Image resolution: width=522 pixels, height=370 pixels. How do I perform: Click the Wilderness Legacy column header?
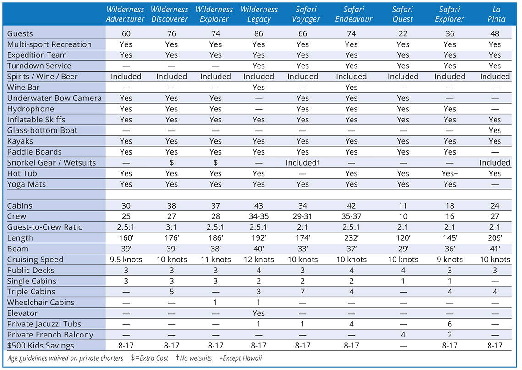pos(259,14)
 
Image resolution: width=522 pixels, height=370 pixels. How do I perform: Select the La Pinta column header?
pos(496,14)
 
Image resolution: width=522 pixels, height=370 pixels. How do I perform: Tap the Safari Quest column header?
pos(402,14)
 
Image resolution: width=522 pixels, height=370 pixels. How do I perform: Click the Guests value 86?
pos(258,33)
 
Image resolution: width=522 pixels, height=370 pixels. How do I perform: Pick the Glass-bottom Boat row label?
pos(42,130)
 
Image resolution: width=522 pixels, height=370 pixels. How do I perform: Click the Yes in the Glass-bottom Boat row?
pos(495,130)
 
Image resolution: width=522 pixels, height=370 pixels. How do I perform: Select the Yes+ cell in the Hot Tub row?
pos(450,173)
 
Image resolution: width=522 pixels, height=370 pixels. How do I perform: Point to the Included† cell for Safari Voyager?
pos(302,162)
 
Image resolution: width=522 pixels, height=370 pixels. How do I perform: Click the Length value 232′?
pos(351,238)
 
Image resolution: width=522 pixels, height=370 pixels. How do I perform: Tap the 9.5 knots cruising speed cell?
pos(126,260)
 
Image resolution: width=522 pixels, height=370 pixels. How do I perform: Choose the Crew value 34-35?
pos(258,216)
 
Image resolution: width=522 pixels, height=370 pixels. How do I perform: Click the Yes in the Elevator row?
pos(258,313)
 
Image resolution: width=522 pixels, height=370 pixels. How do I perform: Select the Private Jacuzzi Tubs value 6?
pos(450,324)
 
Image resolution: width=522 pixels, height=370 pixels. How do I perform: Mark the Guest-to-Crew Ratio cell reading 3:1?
pos(171,227)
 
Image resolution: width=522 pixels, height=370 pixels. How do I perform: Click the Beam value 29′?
pos(403,249)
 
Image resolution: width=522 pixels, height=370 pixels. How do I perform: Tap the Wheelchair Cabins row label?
pos(41,303)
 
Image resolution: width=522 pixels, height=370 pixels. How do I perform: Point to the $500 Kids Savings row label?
pos(41,345)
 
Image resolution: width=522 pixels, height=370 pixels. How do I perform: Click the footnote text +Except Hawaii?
pos(241,359)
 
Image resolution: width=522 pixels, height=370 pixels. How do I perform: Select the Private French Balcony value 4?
pos(403,335)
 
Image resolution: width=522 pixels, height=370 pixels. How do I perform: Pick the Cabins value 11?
pos(403,205)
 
